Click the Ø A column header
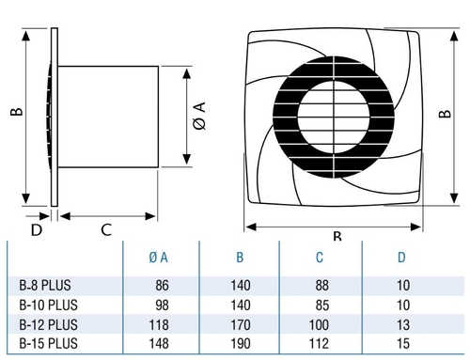pos(158,258)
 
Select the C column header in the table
pos(320,258)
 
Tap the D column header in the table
pos(401,258)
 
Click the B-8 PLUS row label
pos(45,286)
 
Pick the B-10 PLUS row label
pos(48,305)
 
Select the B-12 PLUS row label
pos(48,324)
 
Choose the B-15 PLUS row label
pos(48,343)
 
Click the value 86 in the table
pos(162,286)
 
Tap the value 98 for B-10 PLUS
pos(162,305)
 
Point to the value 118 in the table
pos(159,324)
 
